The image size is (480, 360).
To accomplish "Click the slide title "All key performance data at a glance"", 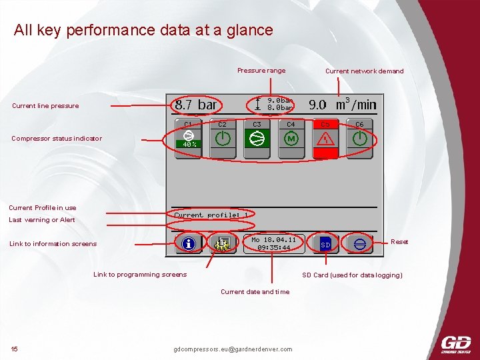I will point(143,30).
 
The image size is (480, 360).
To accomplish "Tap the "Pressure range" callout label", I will point(261,71).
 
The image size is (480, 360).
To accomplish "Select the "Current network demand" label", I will point(364,71).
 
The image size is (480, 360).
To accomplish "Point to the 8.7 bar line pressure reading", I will point(195,105).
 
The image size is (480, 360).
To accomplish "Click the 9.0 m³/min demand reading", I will point(342,105).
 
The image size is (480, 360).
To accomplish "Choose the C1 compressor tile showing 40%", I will point(189,139).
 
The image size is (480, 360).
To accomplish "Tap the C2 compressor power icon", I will point(223,139).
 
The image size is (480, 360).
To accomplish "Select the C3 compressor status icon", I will point(257,139).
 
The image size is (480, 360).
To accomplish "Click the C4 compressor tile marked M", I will point(291,139).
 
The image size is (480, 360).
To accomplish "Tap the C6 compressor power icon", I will point(359,139).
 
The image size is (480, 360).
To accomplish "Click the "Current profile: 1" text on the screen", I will point(211,215).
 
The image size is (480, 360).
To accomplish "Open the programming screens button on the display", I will point(223,243).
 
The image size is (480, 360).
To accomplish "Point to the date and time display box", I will point(274,243).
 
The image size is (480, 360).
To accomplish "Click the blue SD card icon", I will point(325,244).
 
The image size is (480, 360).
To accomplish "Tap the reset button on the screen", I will point(360,244).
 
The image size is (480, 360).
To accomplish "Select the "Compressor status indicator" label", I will point(57,139).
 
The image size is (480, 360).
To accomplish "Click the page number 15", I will point(15,349).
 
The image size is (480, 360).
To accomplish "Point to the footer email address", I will point(233,349).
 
